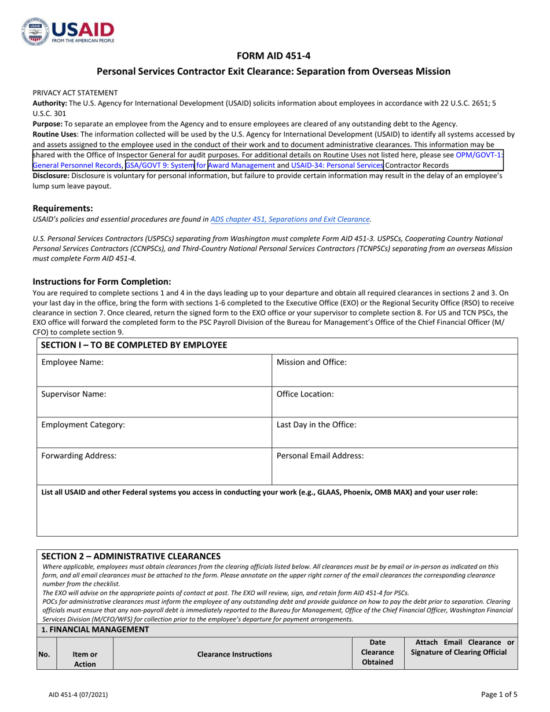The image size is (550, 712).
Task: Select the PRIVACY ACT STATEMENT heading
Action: pos(75,93)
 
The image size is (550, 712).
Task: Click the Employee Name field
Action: pos(154,370)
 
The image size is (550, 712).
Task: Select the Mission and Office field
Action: pos(394,370)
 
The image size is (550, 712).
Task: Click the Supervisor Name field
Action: pos(154,401)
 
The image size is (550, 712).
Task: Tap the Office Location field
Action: pos(394,401)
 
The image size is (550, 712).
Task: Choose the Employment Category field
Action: pos(154,432)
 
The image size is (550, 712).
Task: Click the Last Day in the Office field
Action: pos(394,432)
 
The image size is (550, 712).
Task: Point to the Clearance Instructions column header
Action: pos(234,654)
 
